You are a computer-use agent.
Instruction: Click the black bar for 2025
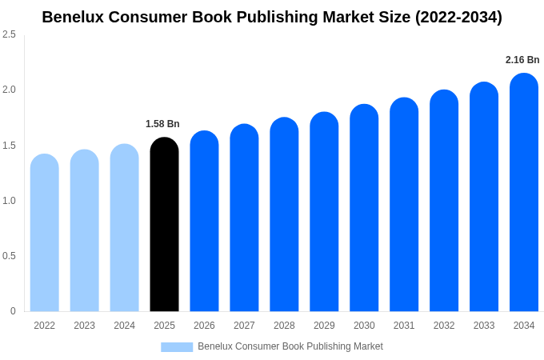click(164, 225)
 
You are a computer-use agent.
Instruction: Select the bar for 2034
click(524, 193)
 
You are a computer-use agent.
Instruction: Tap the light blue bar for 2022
click(45, 233)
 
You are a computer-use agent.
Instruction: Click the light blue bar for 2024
click(124, 228)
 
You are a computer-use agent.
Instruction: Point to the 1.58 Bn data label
click(162, 124)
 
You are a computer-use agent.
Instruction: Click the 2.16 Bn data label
click(522, 60)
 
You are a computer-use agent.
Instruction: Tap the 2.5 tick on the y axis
click(9, 34)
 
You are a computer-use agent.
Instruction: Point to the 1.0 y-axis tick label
click(9, 201)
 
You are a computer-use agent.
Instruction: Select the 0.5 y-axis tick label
click(9, 256)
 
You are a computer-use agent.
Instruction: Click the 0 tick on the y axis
click(13, 311)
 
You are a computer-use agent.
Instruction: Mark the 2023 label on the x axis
click(84, 326)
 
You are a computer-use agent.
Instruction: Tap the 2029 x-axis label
click(324, 326)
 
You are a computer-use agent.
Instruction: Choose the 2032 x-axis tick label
click(444, 326)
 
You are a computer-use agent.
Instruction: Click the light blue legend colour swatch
click(177, 347)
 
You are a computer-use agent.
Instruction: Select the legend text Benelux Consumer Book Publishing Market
click(290, 346)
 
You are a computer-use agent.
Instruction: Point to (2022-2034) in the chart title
click(458, 17)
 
